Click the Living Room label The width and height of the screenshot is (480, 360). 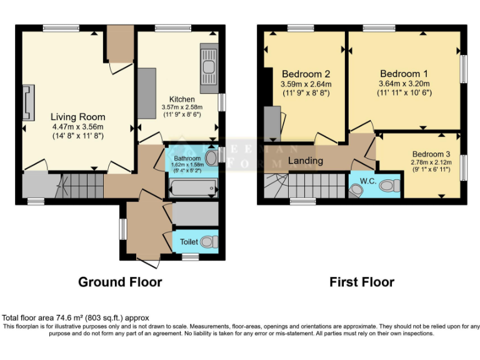pos(77,117)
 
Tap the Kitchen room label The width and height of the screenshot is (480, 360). pos(182,99)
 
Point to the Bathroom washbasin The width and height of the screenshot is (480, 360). pos(210,157)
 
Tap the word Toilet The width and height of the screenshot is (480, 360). pos(189,242)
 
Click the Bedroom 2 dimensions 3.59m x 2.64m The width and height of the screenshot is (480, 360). pos(306,84)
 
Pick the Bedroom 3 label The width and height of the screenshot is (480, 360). pos(431,154)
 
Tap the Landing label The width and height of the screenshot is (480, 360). pos(306,161)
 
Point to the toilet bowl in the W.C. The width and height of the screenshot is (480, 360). pos(391,185)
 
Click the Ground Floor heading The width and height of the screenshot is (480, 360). pos(120,282)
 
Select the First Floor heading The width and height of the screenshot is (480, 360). pos(362,282)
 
